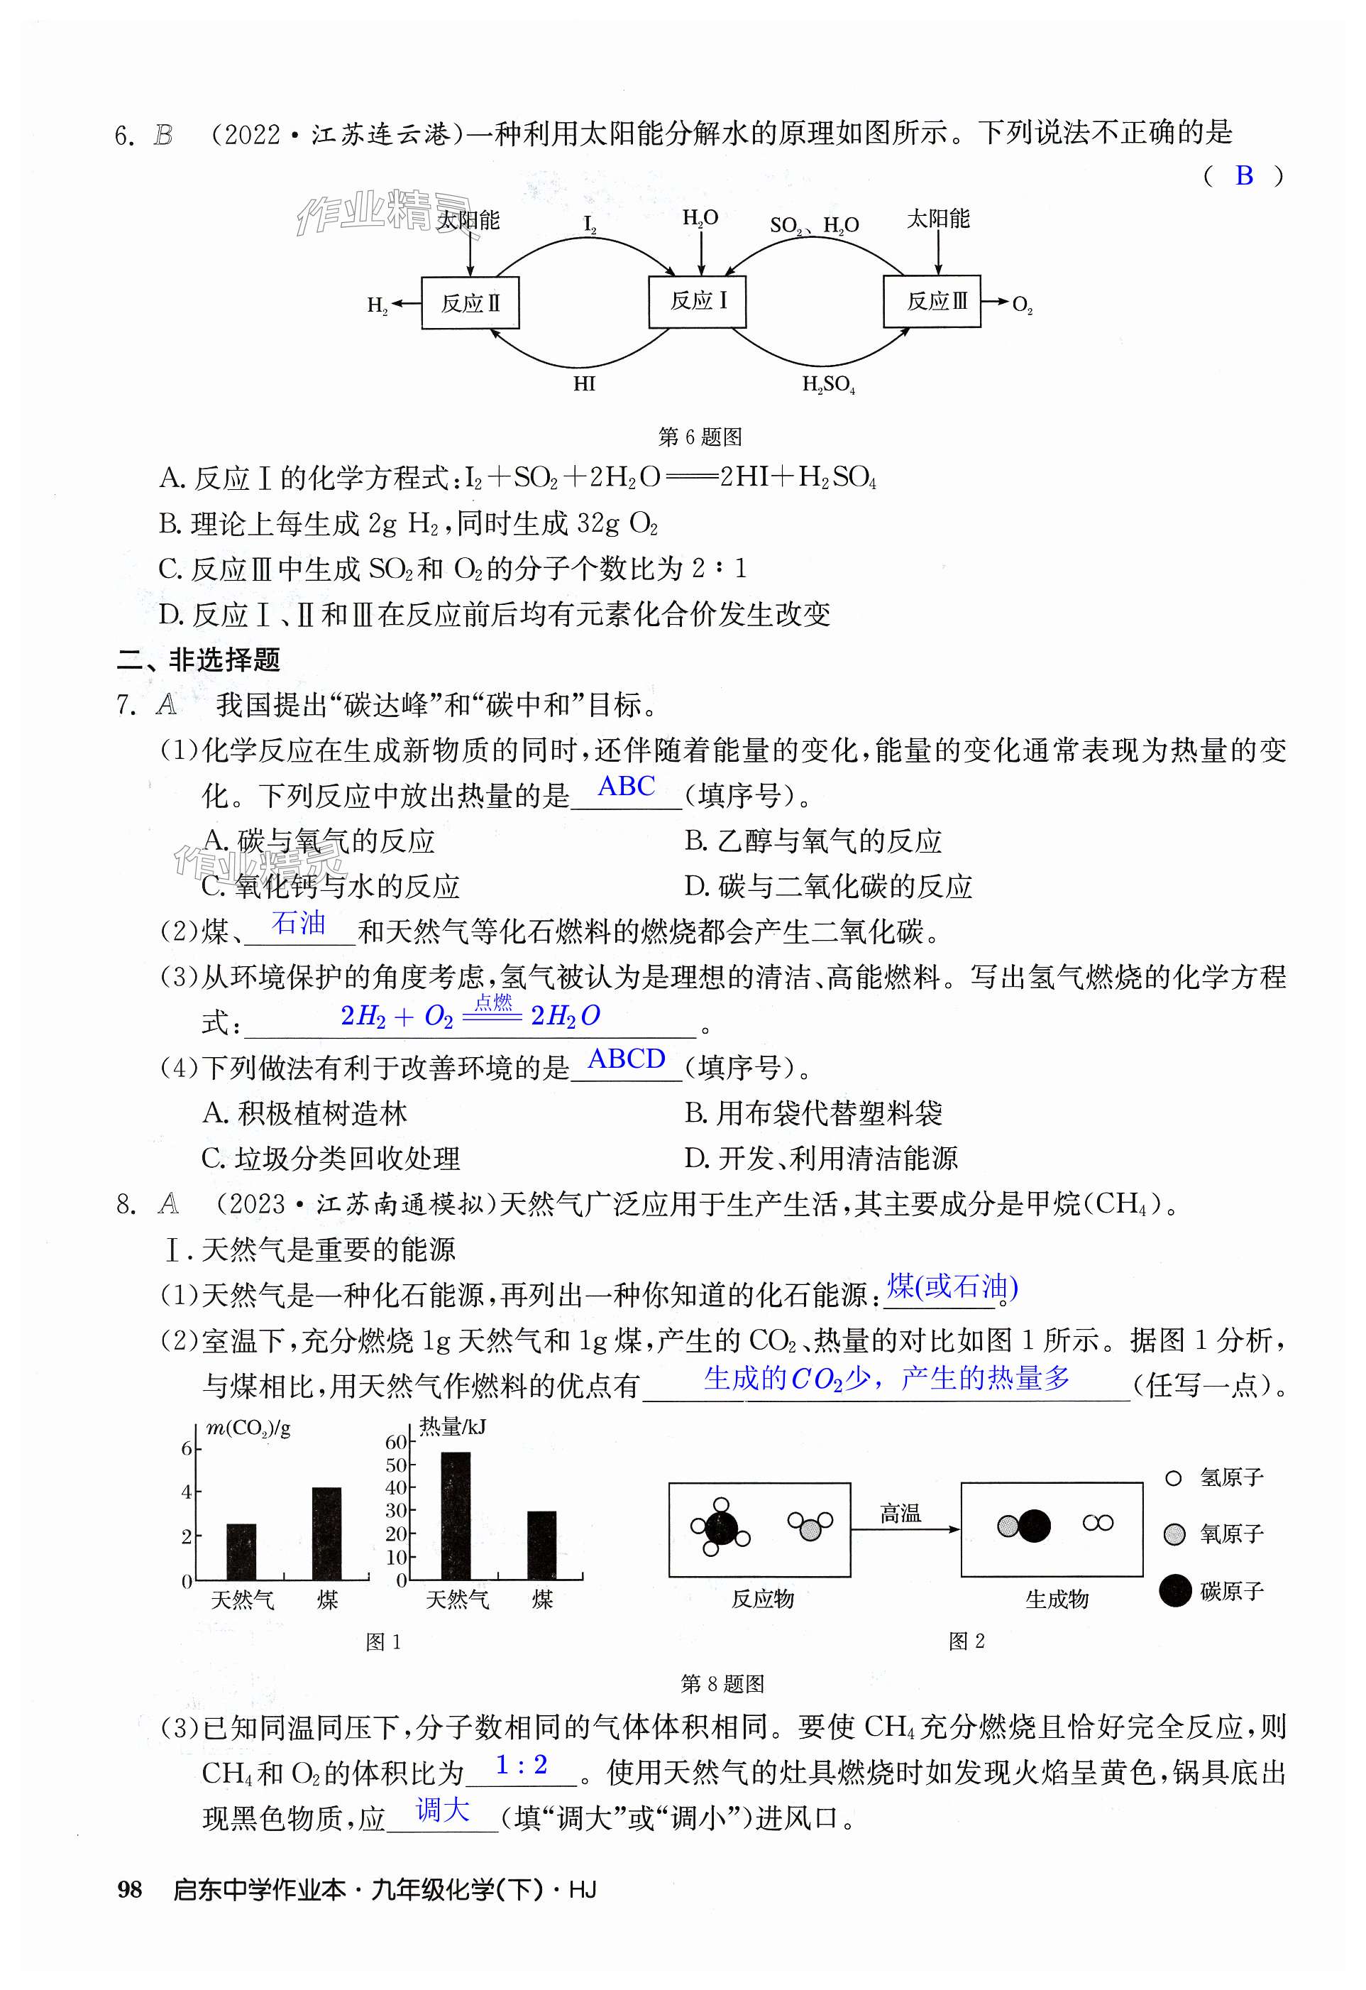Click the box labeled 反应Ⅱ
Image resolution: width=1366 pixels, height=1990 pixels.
[x=470, y=303]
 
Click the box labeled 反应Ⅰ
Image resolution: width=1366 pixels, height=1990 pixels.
[x=697, y=302]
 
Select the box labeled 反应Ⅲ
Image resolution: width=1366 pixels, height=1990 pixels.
[x=931, y=302]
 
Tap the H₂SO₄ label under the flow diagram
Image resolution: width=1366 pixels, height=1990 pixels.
[x=827, y=386]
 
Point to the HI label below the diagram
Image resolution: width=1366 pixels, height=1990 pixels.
[x=584, y=383]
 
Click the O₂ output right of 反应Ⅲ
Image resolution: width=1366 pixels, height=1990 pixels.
[x=1022, y=305]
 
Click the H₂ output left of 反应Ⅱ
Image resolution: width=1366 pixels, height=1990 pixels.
[x=378, y=305]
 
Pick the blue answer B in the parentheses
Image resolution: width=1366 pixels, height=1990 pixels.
[x=1244, y=176]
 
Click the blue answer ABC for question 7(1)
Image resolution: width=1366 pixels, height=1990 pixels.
[x=626, y=786]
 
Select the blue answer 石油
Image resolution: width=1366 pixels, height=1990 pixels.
[x=299, y=923]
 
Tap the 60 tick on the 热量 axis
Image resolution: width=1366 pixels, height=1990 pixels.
[x=396, y=1442]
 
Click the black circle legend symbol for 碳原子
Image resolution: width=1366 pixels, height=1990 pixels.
[x=1175, y=1591]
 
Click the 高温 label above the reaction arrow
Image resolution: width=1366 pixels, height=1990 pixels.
[x=900, y=1514]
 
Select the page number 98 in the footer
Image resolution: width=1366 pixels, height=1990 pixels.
[x=129, y=1890]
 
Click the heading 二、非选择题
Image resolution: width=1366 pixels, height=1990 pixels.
[x=199, y=660]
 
